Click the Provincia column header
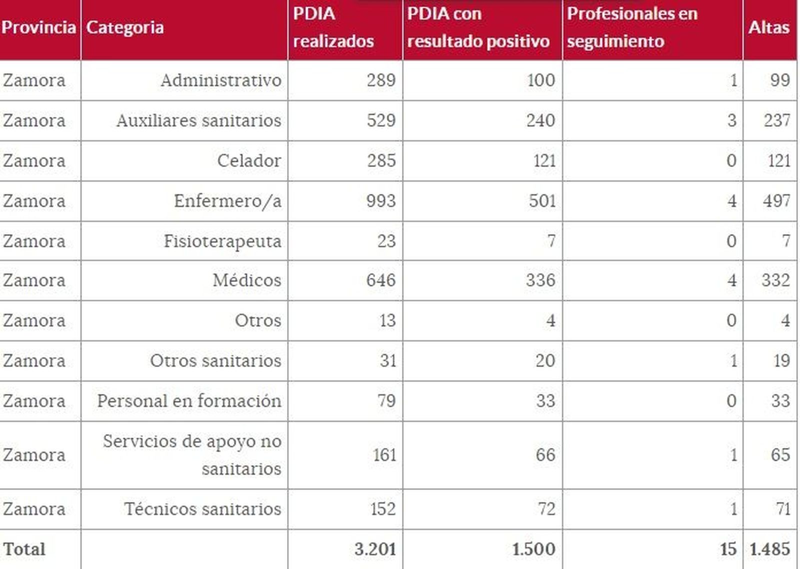point(38,27)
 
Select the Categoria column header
point(125,27)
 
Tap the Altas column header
point(768,27)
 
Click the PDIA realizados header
point(333,27)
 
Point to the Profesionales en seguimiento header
point(632,27)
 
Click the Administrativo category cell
point(221,80)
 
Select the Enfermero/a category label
point(227,201)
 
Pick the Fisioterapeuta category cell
point(222,241)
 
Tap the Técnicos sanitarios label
point(202,509)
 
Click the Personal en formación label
point(189,401)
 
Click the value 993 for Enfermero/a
point(381,201)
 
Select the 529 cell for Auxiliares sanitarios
point(381,120)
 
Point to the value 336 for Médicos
point(540,280)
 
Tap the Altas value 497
point(776,201)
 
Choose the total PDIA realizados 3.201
point(375,549)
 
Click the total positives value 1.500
point(533,549)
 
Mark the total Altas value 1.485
point(770,549)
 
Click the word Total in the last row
point(24,549)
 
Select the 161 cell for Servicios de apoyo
point(384,455)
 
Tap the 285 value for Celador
point(381,161)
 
